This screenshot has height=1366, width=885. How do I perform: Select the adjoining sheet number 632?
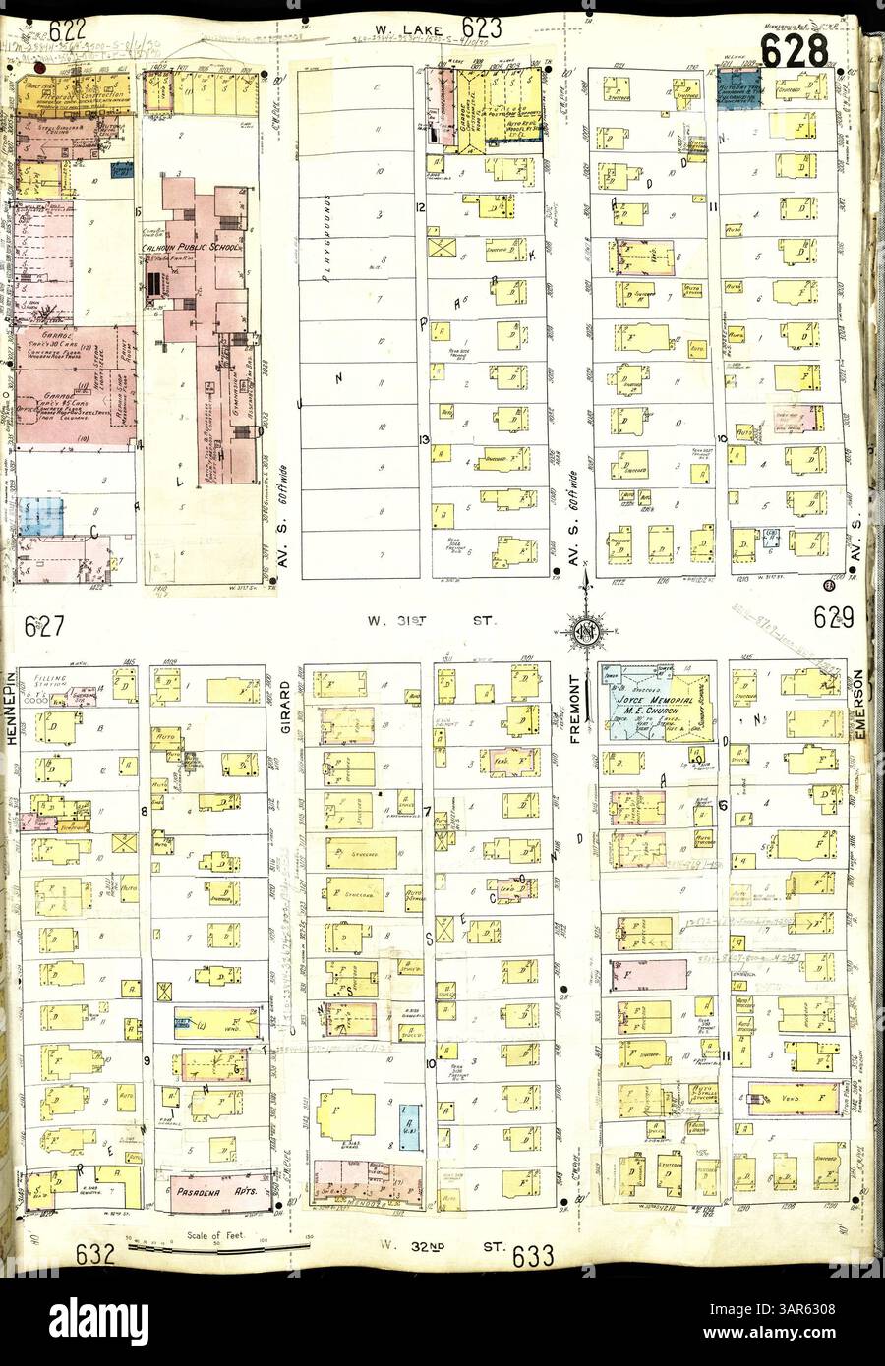(x=96, y=1253)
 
